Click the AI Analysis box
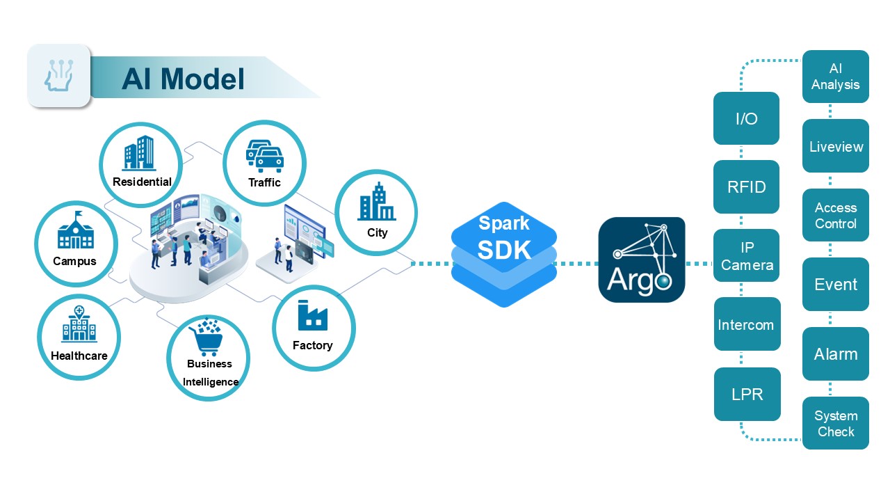835,77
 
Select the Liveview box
835,146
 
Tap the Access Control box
835,215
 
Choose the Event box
835,284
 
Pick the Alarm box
835,353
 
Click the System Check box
835,423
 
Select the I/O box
746,118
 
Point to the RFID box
746,186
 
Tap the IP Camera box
746,255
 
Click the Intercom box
746,324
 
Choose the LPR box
747,394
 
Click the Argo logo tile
642,260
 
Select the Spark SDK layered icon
504,254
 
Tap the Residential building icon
139,153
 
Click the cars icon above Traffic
265,156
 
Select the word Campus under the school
74,262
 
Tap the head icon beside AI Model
59,75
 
